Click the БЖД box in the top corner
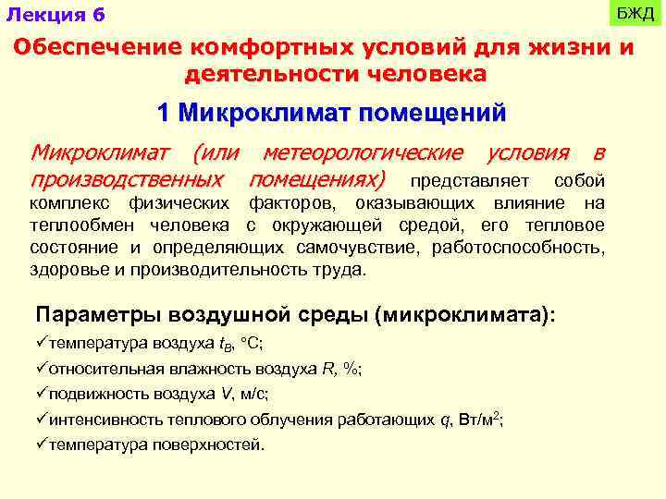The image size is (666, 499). (635, 14)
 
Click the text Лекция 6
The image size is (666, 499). (55, 16)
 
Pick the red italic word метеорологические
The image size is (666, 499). (363, 152)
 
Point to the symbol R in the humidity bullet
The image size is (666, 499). (327, 368)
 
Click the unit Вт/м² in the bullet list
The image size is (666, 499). (480, 418)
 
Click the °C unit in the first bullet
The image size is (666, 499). (251, 343)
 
